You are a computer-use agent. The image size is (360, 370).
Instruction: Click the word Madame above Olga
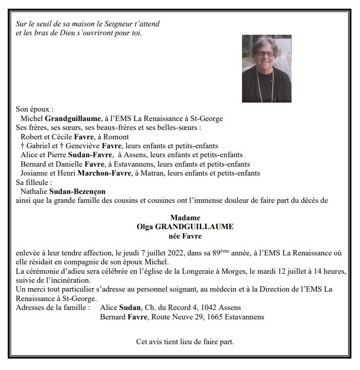(x=185, y=217)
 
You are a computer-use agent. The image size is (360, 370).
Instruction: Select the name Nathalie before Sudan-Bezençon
(x=34, y=191)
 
